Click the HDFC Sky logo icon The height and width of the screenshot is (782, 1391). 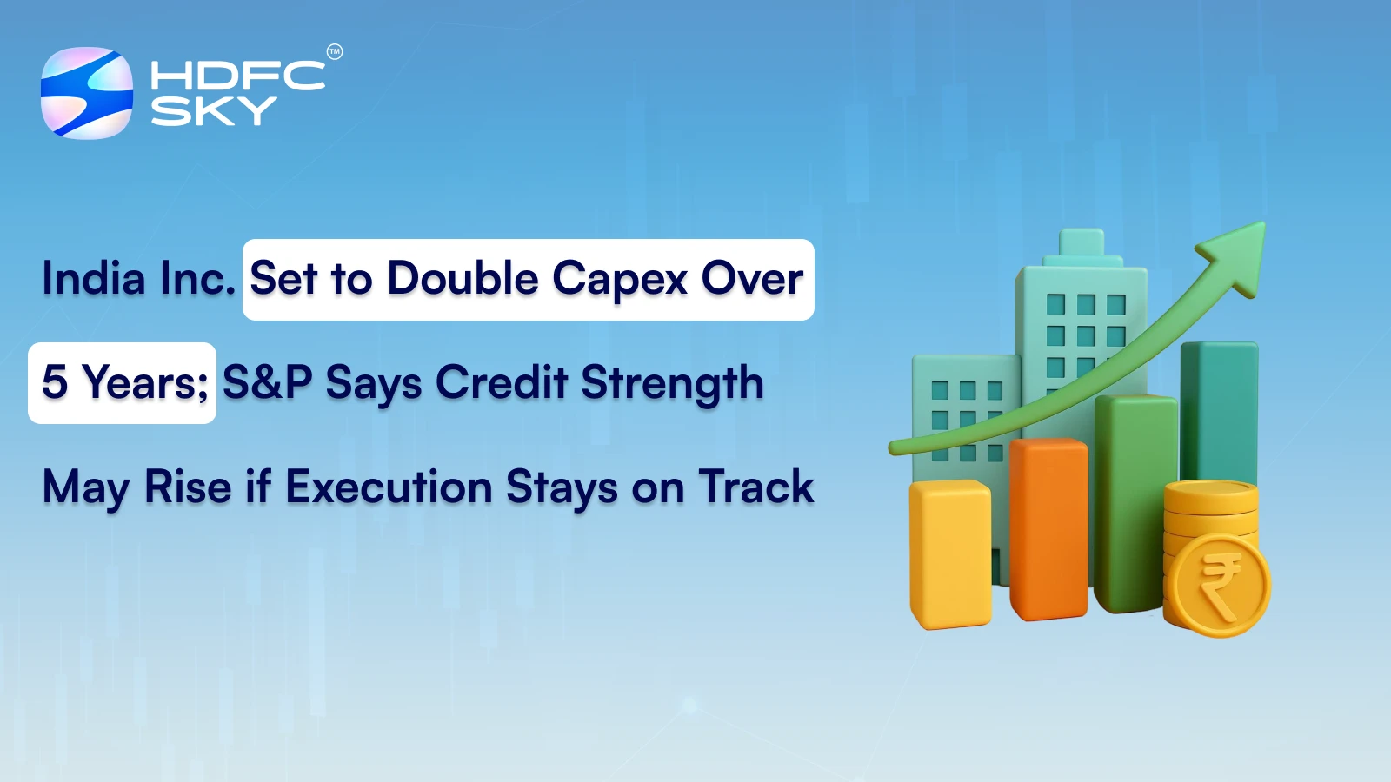[87, 93]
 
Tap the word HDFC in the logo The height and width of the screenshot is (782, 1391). [237, 76]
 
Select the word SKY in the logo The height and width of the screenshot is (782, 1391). [213, 111]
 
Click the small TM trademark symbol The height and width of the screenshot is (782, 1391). [335, 52]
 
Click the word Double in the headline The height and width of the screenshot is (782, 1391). [463, 279]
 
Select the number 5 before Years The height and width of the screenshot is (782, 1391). [55, 382]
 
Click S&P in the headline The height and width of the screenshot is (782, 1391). [267, 382]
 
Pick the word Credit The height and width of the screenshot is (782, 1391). [502, 382]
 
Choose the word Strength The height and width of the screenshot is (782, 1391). [672, 384]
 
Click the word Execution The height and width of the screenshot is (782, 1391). [389, 487]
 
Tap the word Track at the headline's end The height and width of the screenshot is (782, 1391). [756, 487]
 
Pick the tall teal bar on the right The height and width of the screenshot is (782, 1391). [1219, 408]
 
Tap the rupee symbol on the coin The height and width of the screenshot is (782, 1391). [1219, 587]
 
